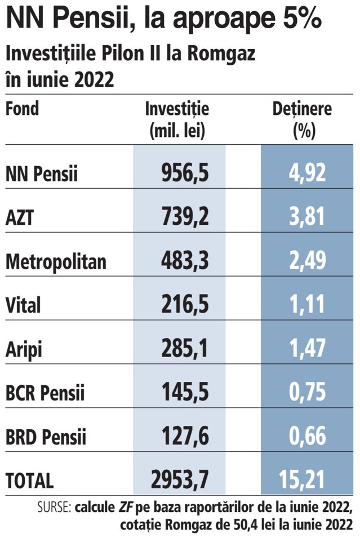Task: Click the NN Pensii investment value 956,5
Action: pyautogui.click(x=185, y=172)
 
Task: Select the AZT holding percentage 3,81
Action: pyautogui.click(x=307, y=216)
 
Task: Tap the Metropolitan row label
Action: pyautogui.click(x=56, y=261)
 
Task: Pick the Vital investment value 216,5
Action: pyautogui.click(x=185, y=304)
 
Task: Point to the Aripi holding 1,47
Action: pyautogui.click(x=307, y=348)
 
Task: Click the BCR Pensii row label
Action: pyautogui.click(x=45, y=392)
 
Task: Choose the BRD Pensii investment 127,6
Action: pyautogui.click(x=185, y=436)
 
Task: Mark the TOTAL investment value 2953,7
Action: pyautogui.click(x=180, y=479)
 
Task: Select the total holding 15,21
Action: pyautogui.click(x=302, y=479)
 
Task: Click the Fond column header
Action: pyautogui.click(x=23, y=108)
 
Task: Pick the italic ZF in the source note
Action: pyautogui.click(x=126, y=507)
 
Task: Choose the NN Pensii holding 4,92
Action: pyautogui.click(x=307, y=172)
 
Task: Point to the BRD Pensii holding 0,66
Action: pyautogui.click(x=307, y=436)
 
